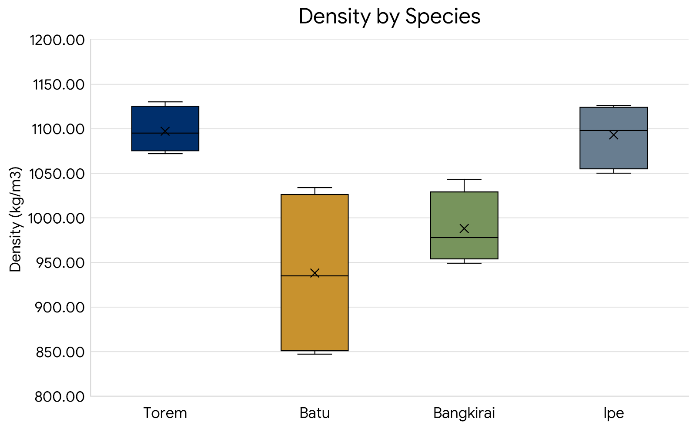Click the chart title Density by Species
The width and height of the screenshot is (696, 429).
pyautogui.click(x=389, y=17)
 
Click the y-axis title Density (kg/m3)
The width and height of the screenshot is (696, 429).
pyautogui.click(x=15, y=219)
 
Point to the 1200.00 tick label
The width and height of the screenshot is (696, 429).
pyautogui.click(x=57, y=40)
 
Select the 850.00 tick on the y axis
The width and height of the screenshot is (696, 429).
pyautogui.click(x=60, y=352)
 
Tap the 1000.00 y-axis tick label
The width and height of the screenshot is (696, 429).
pyautogui.click(x=57, y=218)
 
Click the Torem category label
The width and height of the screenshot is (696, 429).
pyautogui.click(x=165, y=413)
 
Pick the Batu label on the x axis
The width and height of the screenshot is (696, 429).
pyautogui.click(x=315, y=413)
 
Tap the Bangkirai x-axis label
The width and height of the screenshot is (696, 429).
pyautogui.click(x=464, y=413)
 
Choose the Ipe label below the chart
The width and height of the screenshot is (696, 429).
pyautogui.click(x=613, y=413)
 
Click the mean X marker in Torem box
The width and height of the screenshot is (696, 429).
pyautogui.click(x=165, y=131)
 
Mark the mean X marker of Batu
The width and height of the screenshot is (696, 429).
pyautogui.click(x=315, y=273)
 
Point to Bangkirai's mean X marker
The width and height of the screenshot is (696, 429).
pyautogui.click(x=464, y=228)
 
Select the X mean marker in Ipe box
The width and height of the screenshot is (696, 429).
pyautogui.click(x=613, y=135)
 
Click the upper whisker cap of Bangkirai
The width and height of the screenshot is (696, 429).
pyautogui.click(x=464, y=179)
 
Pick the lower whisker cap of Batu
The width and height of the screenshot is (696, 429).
pyautogui.click(x=315, y=354)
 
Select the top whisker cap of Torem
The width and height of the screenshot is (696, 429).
pyautogui.click(x=165, y=102)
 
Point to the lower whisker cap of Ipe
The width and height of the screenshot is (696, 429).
pyautogui.click(x=613, y=173)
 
